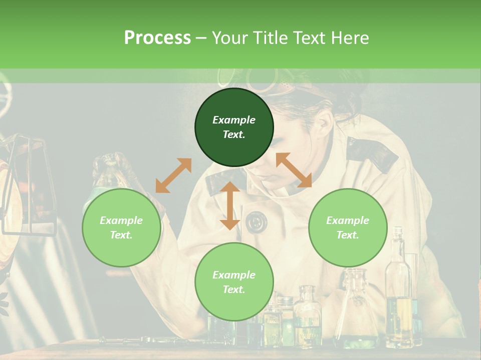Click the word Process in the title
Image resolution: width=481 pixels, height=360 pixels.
157,38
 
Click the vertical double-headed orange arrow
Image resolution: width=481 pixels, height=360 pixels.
230,205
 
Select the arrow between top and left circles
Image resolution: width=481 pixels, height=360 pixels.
173,175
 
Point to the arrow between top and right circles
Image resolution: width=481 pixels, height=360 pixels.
294,170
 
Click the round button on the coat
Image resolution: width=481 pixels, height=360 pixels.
257,221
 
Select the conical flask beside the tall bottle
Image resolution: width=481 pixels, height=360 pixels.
357,310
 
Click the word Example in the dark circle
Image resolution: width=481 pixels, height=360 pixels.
234,120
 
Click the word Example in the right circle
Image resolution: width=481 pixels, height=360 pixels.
348,220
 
